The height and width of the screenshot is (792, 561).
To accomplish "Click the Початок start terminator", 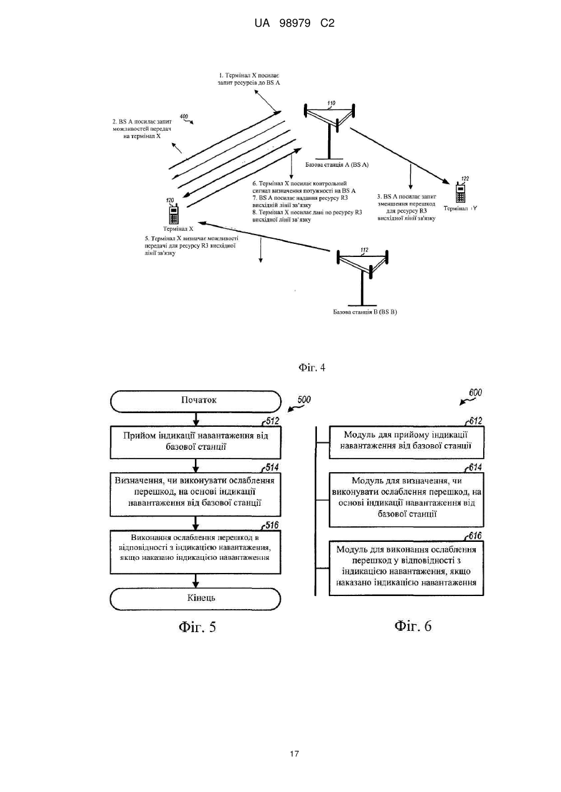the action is click(196, 401).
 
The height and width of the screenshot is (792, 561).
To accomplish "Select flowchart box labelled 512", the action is click(196, 442).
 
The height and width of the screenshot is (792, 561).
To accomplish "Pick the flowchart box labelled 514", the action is click(196, 494).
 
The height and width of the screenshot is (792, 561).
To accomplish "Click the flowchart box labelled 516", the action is click(196, 552).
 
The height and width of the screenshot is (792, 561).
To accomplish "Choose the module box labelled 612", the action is click(407, 442).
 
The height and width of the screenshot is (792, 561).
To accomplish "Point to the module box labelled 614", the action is click(407, 500).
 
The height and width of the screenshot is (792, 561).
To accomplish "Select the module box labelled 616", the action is click(407, 568).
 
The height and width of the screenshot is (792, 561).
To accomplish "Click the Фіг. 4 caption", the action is click(312, 368).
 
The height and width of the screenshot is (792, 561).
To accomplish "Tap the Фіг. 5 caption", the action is click(197, 627).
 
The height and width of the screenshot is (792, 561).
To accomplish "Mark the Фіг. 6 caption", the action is click(413, 626).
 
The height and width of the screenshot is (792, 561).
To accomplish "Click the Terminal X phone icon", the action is click(174, 214).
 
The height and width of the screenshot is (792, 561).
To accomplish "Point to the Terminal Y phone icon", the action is click(460, 192).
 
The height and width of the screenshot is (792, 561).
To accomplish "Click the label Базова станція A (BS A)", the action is click(337, 165).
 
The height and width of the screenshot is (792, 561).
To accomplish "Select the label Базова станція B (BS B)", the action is click(365, 312).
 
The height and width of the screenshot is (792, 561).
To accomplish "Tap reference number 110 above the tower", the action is click(331, 104).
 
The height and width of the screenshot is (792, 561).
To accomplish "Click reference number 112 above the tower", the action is click(364, 250).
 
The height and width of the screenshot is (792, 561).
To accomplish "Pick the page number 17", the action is click(294, 753).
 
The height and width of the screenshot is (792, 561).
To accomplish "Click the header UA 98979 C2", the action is click(295, 24).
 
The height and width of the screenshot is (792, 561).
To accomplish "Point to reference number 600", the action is click(475, 393).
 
